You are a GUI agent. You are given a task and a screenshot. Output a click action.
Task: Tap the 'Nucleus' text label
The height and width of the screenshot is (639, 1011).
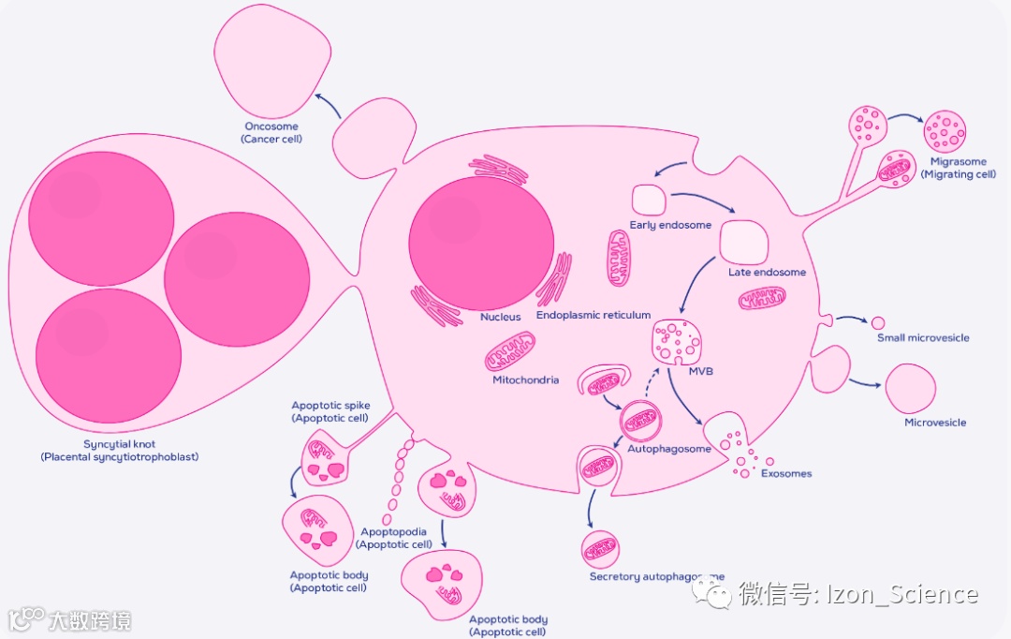coord(500,317)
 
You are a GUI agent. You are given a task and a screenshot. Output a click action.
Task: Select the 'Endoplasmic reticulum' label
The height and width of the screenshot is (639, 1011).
coord(593,316)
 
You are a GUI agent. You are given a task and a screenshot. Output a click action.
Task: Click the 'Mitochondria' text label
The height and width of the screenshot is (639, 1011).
coord(525,380)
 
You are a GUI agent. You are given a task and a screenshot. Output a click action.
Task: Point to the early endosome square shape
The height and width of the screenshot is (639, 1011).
coord(649,200)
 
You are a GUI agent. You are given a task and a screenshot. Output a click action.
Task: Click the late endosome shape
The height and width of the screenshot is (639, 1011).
coord(743,242)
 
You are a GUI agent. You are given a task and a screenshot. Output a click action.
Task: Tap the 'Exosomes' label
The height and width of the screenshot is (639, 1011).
coord(785,474)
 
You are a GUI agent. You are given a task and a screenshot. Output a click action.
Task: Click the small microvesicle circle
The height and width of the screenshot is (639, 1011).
coord(877,322)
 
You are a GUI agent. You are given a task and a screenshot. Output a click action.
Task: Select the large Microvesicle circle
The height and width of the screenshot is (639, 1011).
coord(910,388)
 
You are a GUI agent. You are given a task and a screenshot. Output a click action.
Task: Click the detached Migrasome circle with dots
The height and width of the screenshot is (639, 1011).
coord(944,132)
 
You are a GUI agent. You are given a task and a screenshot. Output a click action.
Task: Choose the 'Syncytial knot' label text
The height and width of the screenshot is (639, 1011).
coord(119,444)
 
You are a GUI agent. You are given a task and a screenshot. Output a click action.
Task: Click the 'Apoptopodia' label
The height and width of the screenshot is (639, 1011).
coord(394,532)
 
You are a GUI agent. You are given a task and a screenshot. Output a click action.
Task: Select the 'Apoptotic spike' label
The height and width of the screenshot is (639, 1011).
coord(330,406)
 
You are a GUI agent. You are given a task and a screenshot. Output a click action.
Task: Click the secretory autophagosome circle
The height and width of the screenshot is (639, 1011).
coord(600,549)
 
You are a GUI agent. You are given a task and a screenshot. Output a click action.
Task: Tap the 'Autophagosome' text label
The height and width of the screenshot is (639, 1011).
coord(669,449)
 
